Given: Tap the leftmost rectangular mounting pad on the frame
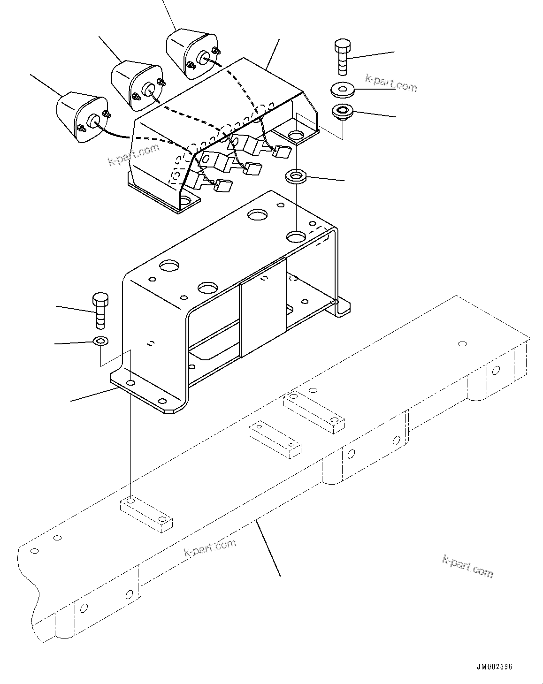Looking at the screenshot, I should click(146, 515).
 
